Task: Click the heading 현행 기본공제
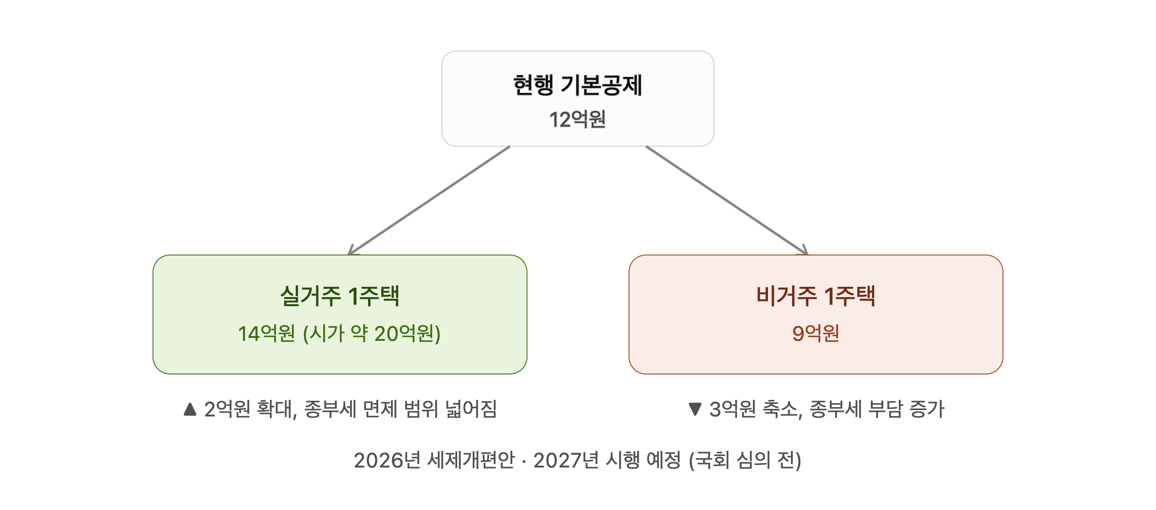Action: [x=578, y=85]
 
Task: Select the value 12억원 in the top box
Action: [x=578, y=119]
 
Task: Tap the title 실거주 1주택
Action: [x=340, y=296]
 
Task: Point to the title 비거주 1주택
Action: [x=816, y=296]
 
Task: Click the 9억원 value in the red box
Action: [x=816, y=333]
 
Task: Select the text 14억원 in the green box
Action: [x=266, y=333]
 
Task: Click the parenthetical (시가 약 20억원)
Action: [x=372, y=333]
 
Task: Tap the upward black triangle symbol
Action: [x=190, y=409]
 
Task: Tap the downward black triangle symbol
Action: [x=695, y=409]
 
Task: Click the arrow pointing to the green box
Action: [x=429, y=200]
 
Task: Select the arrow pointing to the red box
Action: [x=727, y=200]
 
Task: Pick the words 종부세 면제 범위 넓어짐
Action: [x=400, y=409]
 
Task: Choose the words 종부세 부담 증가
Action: [x=877, y=409]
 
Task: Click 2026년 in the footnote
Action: [x=387, y=460]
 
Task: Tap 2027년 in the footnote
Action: [x=567, y=460]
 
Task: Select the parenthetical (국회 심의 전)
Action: [x=745, y=460]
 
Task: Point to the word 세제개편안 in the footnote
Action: [x=471, y=460]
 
